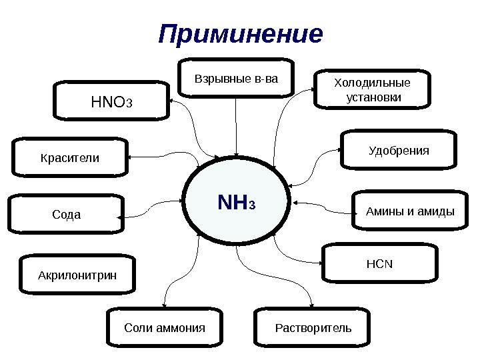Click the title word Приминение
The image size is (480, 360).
coord(240,34)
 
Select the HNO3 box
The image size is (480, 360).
coord(112,102)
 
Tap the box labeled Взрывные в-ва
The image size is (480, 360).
coord(236,80)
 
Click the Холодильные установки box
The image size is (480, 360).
coord(373,89)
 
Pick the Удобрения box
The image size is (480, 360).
coord(399,151)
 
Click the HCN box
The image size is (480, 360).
coord(380,263)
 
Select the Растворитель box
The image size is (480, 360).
coord(313,327)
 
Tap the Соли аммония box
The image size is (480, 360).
coord(165,327)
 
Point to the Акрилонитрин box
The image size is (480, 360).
coord(77,274)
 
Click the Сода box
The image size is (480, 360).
coord(66,215)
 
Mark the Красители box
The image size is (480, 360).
coord(70,159)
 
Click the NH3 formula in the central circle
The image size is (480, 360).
coord(237,201)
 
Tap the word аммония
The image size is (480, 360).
coord(179,328)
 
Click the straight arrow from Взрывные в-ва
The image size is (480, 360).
coord(236,127)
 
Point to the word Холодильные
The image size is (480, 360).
coord(373,83)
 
